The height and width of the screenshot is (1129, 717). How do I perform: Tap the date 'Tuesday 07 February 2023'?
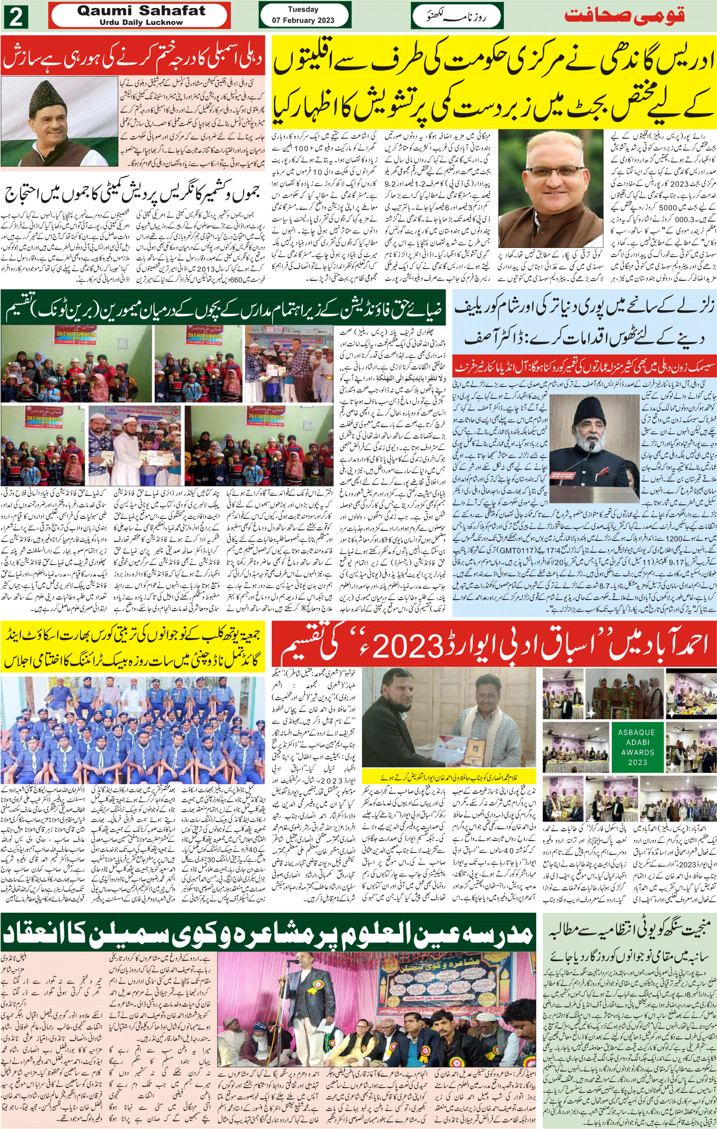click(x=303, y=15)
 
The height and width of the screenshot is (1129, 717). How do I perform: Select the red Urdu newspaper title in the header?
click(x=624, y=15)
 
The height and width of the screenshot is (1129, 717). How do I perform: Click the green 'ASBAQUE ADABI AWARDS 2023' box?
click(x=637, y=747)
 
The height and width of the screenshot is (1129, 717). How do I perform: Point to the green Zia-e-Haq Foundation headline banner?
click(x=224, y=311)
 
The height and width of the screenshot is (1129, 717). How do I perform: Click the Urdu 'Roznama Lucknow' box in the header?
click(x=457, y=16)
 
